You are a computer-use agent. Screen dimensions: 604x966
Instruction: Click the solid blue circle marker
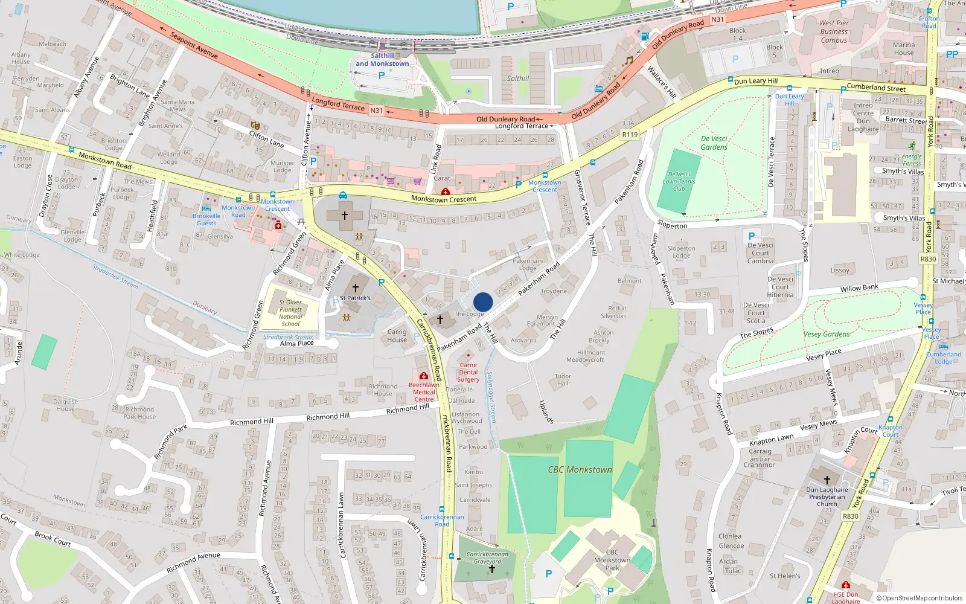point(483,302)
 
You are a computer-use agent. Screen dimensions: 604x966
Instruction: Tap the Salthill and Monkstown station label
point(382,59)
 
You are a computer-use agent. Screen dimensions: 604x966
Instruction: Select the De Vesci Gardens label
point(714,143)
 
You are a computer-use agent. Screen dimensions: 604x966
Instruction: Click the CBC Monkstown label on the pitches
point(580,469)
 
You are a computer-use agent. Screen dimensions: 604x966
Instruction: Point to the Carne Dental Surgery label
point(468,372)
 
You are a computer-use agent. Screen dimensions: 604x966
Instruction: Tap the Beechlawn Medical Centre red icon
point(424,376)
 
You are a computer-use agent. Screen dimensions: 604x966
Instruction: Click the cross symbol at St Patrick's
point(356,288)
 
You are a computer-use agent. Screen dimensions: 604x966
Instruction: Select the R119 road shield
point(630,135)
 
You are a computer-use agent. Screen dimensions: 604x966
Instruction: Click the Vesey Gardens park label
point(827,334)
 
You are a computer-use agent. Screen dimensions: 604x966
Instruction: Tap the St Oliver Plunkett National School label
point(290,313)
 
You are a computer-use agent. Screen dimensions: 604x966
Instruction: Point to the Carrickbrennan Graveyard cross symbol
point(491,569)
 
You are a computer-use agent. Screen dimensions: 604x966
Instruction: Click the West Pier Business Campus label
point(834,31)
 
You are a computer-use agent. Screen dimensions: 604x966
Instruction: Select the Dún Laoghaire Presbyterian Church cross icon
point(827,480)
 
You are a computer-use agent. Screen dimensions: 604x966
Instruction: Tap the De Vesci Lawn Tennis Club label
point(679,181)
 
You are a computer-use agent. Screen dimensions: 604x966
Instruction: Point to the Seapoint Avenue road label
point(194,45)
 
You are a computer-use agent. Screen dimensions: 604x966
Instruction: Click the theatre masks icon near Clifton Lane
point(255,126)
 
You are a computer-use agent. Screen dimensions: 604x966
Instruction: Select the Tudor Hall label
point(563,379)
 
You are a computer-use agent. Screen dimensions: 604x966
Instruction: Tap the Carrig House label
point(397,336)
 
